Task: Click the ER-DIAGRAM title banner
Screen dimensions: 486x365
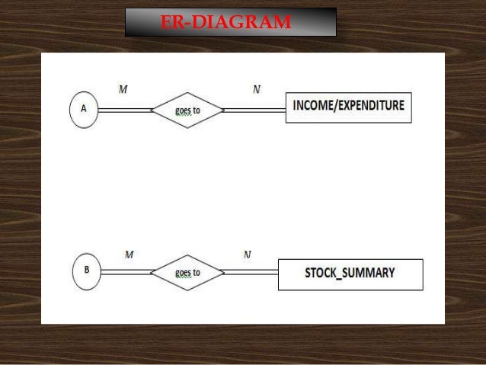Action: [229, 23]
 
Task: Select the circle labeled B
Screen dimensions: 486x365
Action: [87, 271]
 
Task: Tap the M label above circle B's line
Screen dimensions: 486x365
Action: [129, 254]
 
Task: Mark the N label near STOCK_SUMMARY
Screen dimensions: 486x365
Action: [248, 254]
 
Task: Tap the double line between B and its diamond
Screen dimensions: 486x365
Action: [127, 272]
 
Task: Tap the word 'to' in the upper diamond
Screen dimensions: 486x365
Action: [196, 110]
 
